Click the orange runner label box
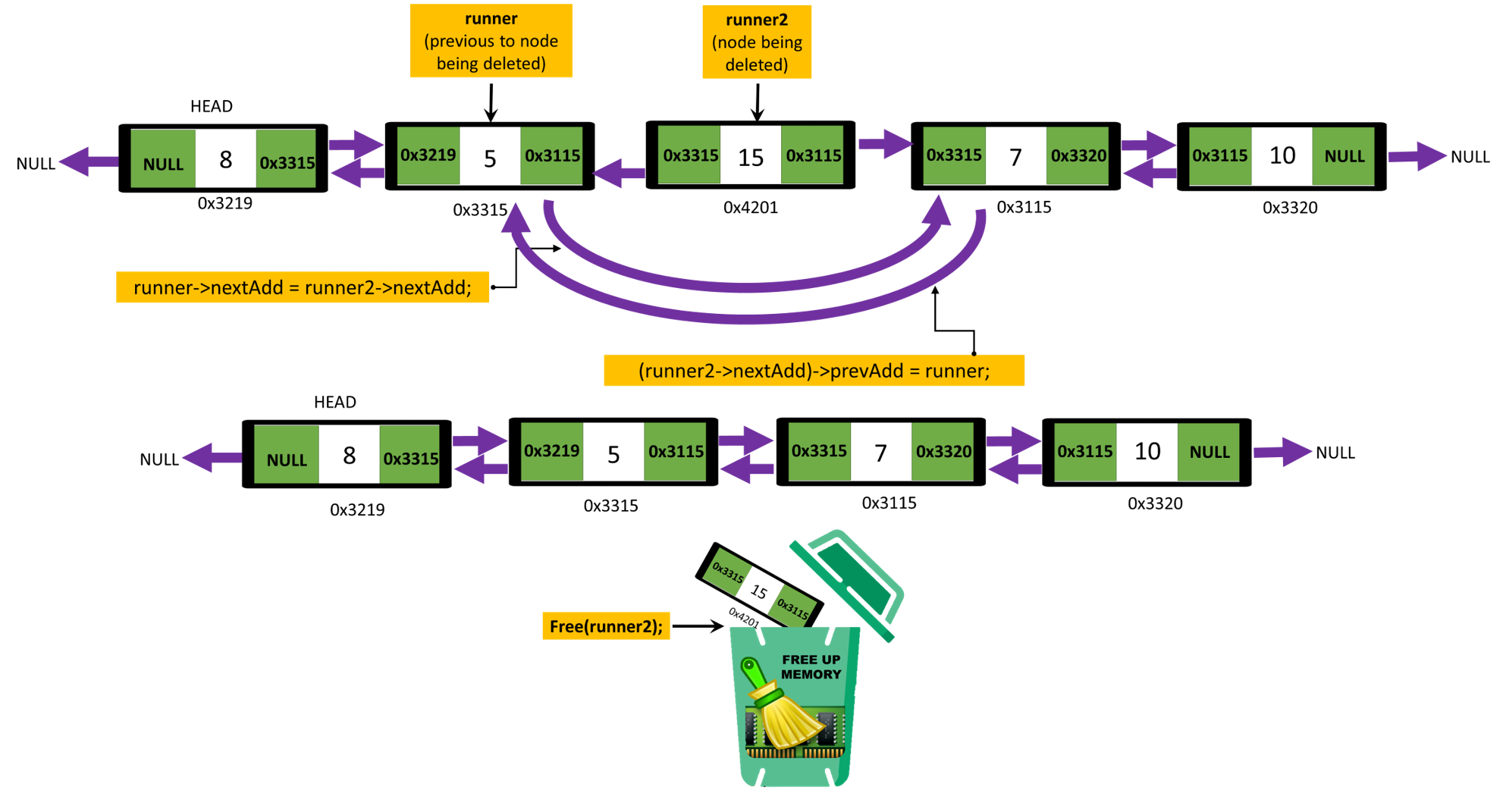pyautogui.click(x=491, y=41)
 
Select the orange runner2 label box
pyautogui.click(x=756, y=42)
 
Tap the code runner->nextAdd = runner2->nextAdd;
pyautogui.click(x=303, y=287)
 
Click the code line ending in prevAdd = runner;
pyautogui.click(x=814, y=371)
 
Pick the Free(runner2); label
pyautogui.click(x=606, y=626)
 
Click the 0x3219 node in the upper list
pyautogui.click(x=428, y=155)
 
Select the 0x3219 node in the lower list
pyautogui.click(x=552, y=451)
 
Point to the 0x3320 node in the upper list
pyautogui.click(x=1077, y=156)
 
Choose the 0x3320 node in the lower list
pyautogui.click(x=943, y=452)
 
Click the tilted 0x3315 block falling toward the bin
pyautogui.click(x=727, y=572)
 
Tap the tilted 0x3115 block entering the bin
pyautogui.click(x=793, y=607)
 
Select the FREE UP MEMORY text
pyautogui.click(x=811, y=667)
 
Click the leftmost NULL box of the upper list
pyautogui.click(x=163, y=159)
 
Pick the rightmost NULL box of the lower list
pyautogui.click(x=1208, y=453)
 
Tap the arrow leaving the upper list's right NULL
pyautogui.click(x=1417, y=157)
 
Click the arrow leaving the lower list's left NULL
pyautogui.click(x=212, y=458)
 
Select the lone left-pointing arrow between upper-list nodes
pyautogui.click(x=619, y=173)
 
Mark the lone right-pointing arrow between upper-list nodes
pyautogui.click(x=885, y=143)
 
